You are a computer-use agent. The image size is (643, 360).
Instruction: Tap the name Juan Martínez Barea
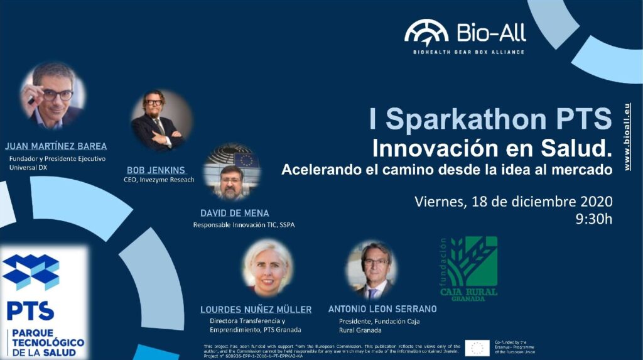(x=56, y=146)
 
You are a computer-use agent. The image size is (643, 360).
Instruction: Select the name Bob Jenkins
(x=156, y=170)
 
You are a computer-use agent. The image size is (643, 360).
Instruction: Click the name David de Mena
(x=235, y=213)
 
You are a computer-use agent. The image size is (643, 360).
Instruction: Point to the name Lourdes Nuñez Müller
(x=256, y=309)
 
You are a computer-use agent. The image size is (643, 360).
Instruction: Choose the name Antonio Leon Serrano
(x=382, y=309)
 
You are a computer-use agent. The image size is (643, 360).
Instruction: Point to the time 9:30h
(x=593, y=219)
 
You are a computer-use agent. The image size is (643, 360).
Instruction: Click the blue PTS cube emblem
(x=31, y=271)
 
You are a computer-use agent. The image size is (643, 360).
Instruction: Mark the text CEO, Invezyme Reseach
(x=159, y=180)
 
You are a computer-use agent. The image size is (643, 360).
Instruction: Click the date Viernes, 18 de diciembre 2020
(x=513, y=202)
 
